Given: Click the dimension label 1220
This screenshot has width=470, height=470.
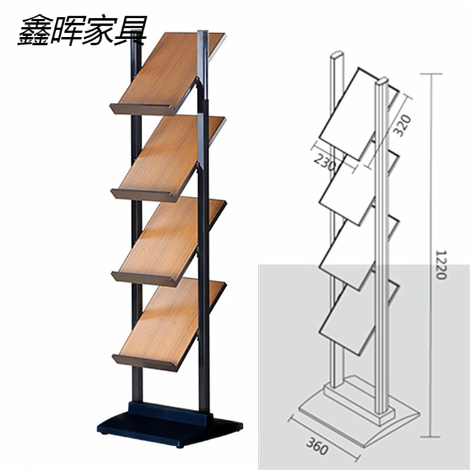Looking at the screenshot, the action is [441, 265].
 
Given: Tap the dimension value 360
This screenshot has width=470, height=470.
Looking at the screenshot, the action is [318, 446].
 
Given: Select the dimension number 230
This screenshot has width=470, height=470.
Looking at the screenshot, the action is [324, 163].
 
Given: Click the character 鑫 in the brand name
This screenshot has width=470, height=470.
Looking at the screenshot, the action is [34, 30].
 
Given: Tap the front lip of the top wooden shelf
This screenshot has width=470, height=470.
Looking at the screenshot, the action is [144, 109].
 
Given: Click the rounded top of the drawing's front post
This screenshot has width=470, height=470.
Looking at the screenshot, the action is [382, 81].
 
